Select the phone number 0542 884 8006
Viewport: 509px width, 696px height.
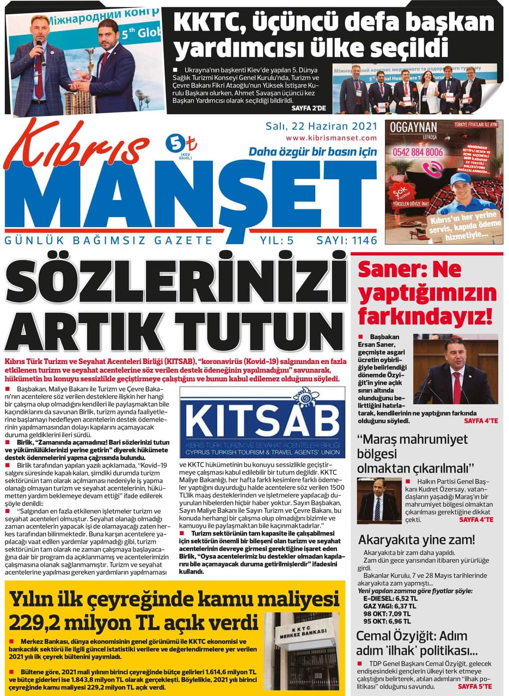(x=418, y=153)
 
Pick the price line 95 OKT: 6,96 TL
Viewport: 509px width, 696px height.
(x=387, y=621)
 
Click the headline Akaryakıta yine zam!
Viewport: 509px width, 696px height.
(x=416, y=540)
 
